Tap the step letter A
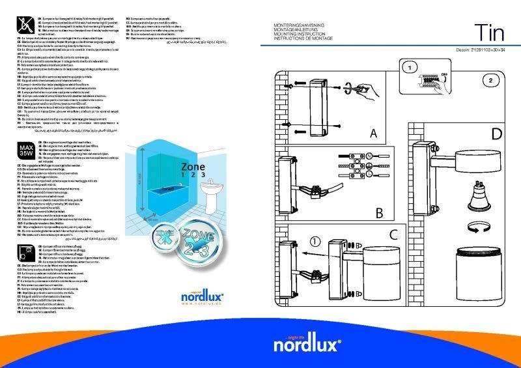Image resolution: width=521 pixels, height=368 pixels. [373, 134]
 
